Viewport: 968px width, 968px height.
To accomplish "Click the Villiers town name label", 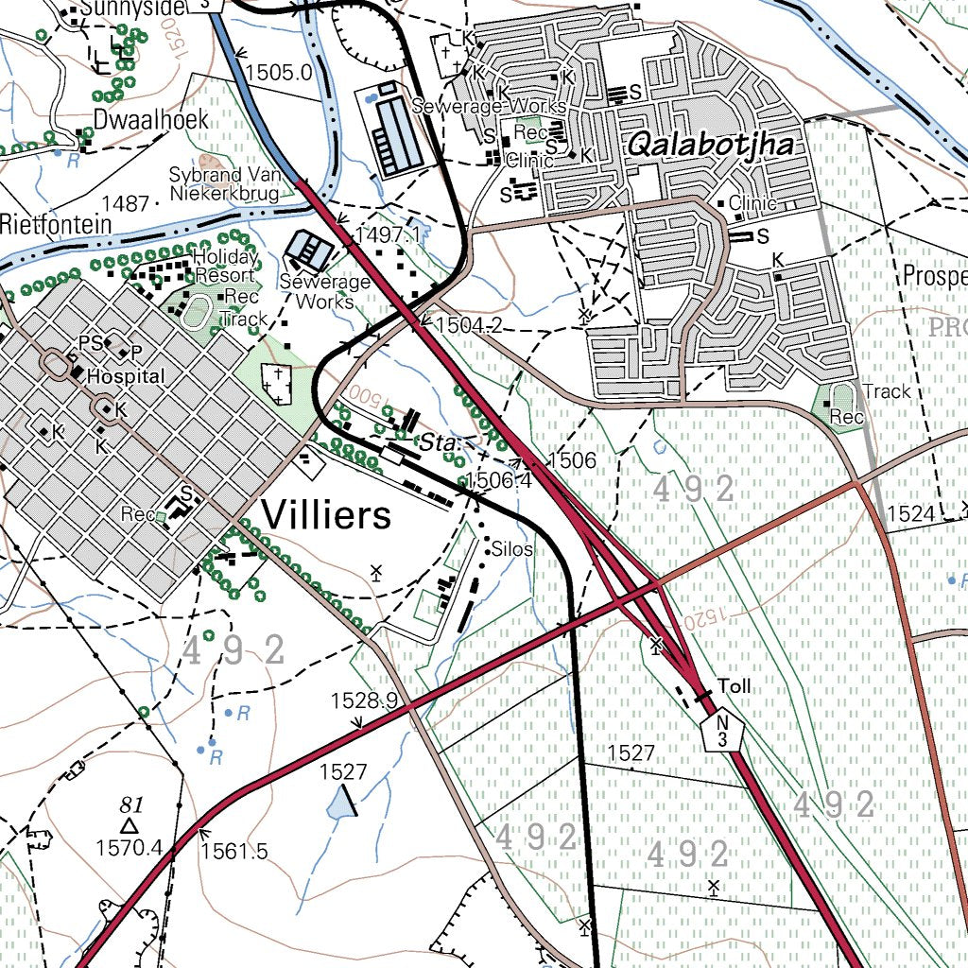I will (x=325, y=516).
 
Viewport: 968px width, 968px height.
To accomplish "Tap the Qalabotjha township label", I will (x=710, y=145).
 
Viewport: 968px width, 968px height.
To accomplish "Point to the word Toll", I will (x=735, y=685).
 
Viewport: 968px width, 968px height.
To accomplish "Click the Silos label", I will (x=512, y=549).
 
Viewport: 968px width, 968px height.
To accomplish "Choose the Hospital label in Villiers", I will (x=125, y=376).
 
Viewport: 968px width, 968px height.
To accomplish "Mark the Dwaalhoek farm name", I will (x=150, y=120).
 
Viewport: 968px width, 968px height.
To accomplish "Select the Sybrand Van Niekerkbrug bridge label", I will (x=224, y=184).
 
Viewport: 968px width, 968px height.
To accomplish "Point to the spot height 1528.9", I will (x=364, y=700).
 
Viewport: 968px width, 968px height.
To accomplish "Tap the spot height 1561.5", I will (x=233, y=851).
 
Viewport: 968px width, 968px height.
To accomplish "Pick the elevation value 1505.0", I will (x=278, y=72).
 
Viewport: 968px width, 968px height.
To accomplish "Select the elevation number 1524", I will (x=912, y=513).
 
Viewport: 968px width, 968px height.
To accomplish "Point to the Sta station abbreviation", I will (x=437, y=442).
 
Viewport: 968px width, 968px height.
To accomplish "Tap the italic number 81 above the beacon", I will (x=131, y=804).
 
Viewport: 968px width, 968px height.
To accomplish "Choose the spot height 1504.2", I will (x=468, y=326).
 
